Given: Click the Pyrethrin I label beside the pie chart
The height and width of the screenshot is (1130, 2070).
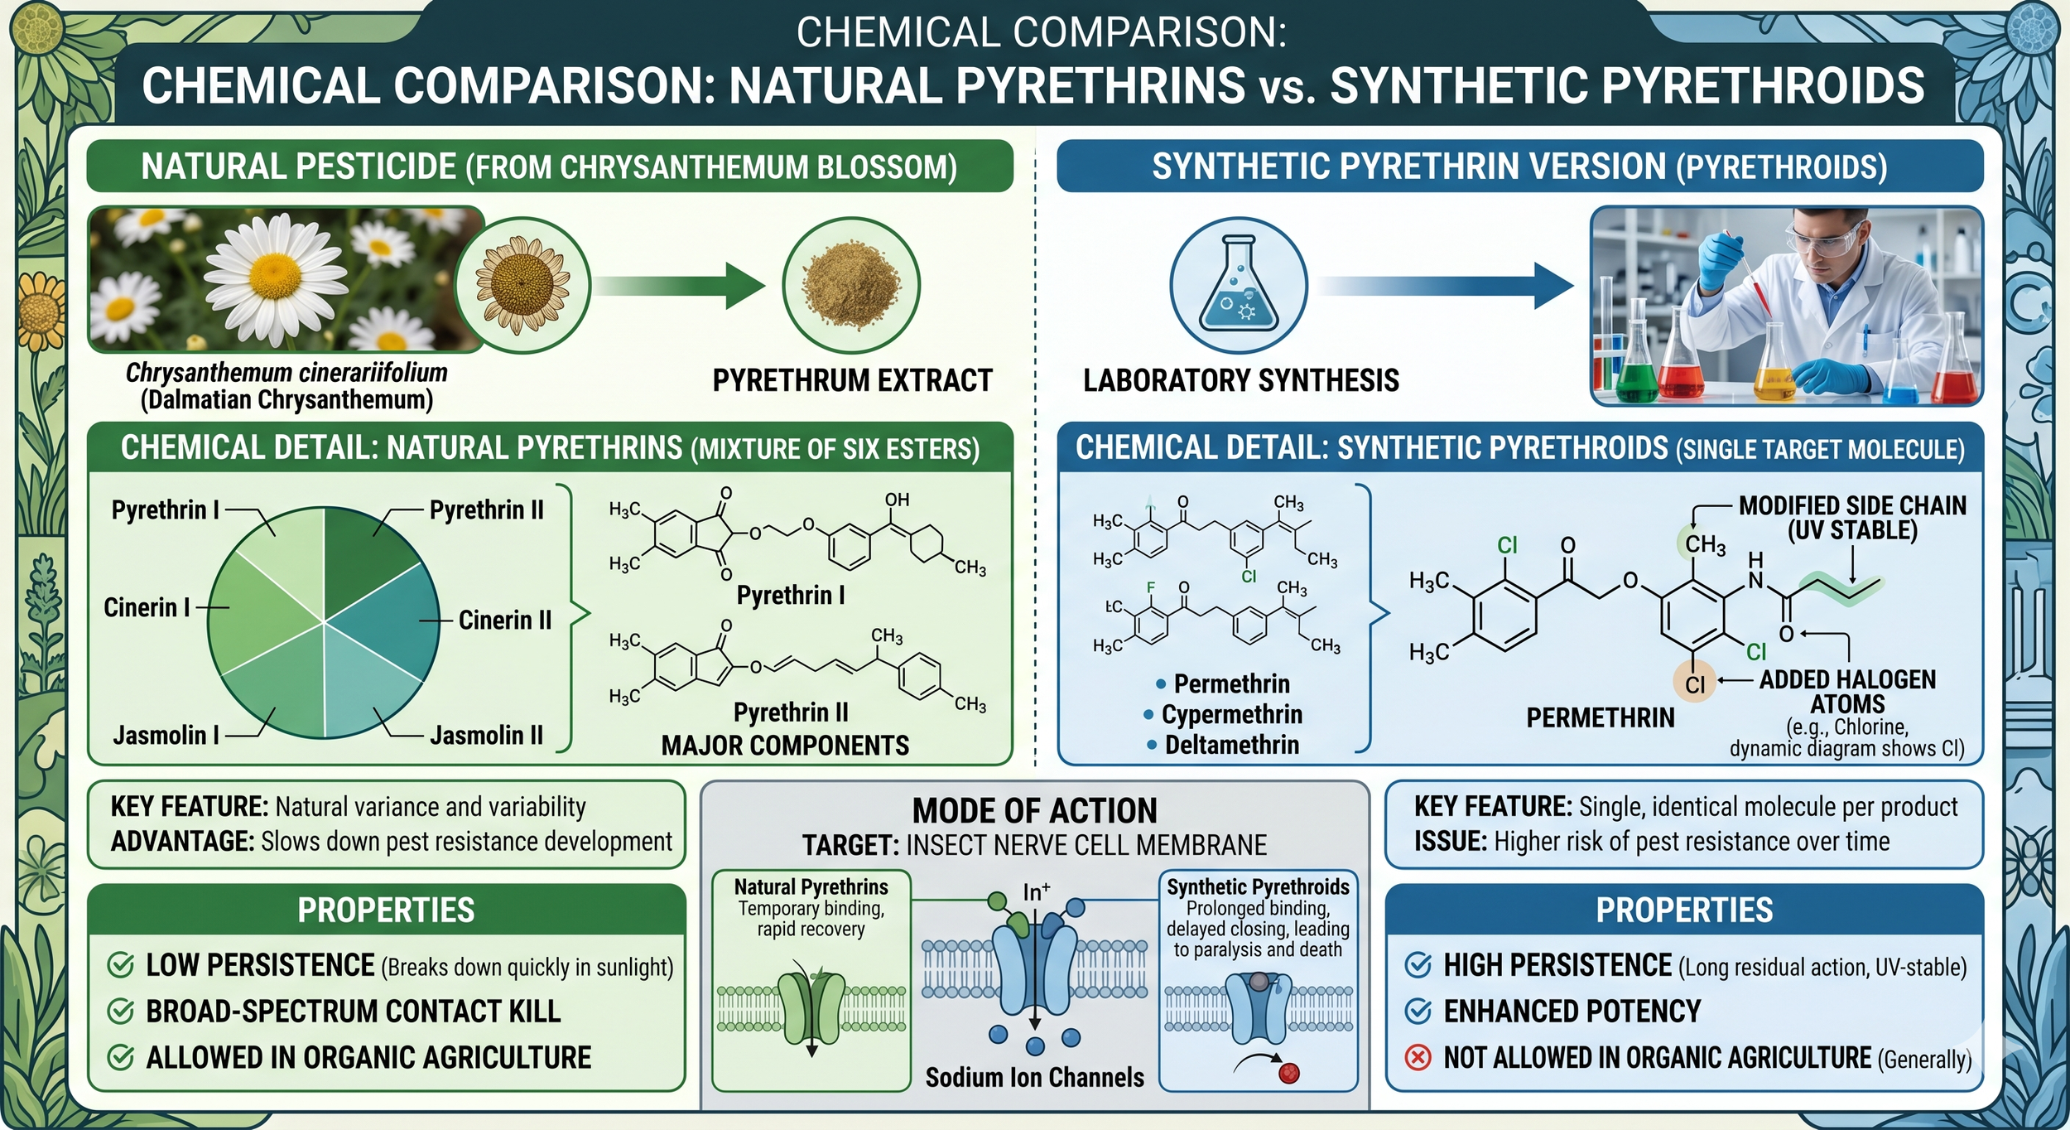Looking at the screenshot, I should click(x=166, y=510).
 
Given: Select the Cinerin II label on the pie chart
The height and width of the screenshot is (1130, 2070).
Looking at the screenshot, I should click(x=504, y=621).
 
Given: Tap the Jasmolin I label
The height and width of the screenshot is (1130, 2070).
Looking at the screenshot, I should click(x=166, y=736).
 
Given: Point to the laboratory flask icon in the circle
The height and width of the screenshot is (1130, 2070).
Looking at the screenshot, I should click(x=1238, y=286).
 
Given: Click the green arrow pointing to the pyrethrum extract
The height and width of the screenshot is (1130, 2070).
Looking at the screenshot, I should click(x=679, y=286).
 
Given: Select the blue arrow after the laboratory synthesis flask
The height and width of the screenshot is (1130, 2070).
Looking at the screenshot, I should click(x=1445, y=286).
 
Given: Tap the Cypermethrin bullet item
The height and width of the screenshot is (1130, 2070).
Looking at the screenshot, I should click(x=1231, y=715).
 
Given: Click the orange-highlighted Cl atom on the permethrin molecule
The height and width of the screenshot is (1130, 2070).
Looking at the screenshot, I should click(x=1694, y=684).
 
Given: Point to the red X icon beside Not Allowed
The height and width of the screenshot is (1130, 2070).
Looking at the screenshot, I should click(x=1418, y=1058).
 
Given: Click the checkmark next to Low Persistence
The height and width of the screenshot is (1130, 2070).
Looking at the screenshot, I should click(x=121, y=965).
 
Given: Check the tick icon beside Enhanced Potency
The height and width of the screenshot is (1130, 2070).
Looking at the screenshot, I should click(x=1418, y=1012).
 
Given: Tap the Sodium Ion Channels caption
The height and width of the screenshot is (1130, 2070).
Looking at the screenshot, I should click(x=1034, y=1078).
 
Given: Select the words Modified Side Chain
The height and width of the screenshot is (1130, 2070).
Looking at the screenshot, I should click(x=1851, y=506).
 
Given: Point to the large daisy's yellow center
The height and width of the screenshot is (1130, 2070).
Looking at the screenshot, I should click(x=273, y=272).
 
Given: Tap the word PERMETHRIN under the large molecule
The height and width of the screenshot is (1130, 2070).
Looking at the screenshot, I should click(x=1600, y=718).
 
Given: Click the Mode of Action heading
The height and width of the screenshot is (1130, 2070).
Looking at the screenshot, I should click(x=1034, y=811).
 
